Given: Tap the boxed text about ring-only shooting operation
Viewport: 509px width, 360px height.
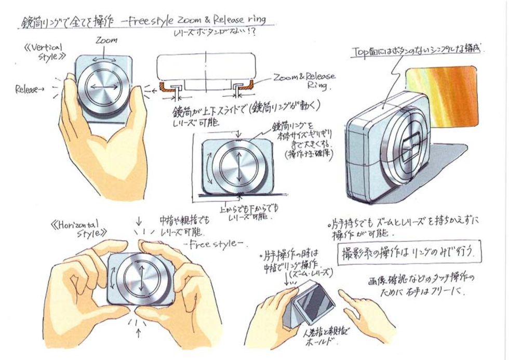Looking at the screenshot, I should coord(409,253).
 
